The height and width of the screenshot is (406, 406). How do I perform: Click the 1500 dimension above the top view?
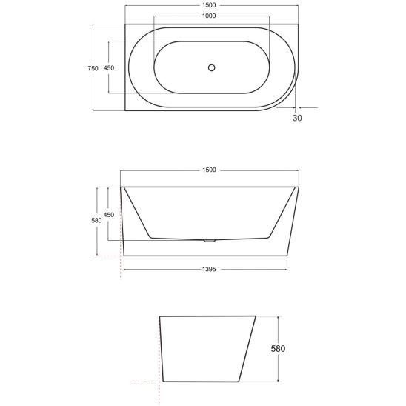pos(209,5)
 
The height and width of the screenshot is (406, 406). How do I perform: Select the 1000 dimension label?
pos(209,16)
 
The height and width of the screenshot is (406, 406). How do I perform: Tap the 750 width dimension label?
pos(93,68)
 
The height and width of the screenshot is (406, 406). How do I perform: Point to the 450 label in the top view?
pos(109,68)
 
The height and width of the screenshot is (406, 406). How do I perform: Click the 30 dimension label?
pos(297,118)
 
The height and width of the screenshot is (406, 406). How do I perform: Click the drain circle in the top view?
pos(212,67)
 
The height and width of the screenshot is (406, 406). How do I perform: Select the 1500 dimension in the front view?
pos(209,170)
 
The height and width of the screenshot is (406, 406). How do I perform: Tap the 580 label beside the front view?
pos(96,220)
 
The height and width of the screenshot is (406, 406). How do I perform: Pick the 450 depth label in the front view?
pos(109,215)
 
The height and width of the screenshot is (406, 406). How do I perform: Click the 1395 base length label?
pos(209,269)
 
